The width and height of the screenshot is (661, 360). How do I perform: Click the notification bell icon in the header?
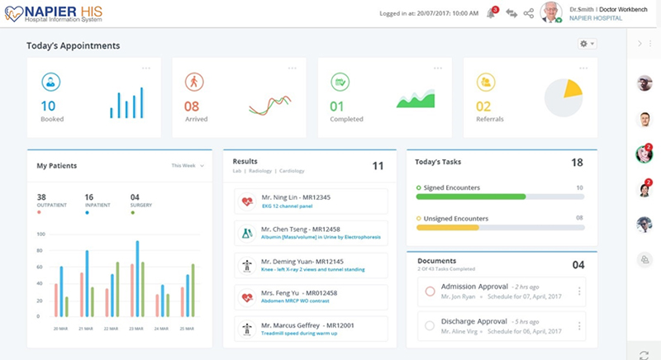coord(491,13)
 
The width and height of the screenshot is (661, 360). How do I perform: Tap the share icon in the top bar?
coord(529,13)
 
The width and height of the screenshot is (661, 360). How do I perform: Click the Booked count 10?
coord(49,106)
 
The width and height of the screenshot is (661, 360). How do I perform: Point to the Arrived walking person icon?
coord(193,82)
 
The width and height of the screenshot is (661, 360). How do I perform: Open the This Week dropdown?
coord(187,166)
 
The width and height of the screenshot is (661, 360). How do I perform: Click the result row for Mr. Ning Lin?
coord(311,201)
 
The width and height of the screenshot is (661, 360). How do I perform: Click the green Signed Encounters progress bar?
coord(471,197)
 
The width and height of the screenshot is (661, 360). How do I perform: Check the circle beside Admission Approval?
coord(430,291)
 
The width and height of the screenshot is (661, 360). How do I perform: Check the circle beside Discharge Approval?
coord(430,325)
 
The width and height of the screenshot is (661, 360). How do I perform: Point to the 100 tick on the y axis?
coord(39,234)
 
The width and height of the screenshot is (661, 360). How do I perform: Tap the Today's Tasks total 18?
coord(578,163)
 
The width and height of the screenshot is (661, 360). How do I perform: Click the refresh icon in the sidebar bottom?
coord(644,353)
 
